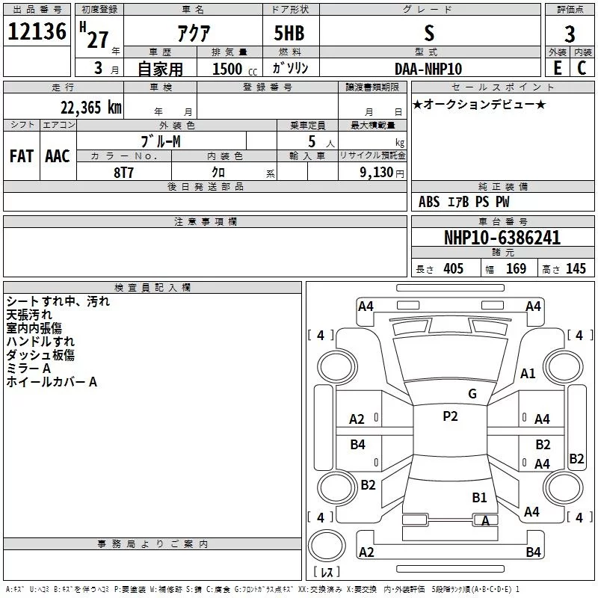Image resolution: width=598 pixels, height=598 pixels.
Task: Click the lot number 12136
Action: point(37,31)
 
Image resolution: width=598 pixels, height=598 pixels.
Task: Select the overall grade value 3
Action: point(570,34)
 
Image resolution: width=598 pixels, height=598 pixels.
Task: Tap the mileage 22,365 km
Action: point(90,108)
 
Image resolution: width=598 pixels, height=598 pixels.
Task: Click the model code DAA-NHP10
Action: point(428,69)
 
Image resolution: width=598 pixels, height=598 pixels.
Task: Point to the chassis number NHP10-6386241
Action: point(502,238)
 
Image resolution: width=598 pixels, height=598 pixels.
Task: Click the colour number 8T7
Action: point(123,173)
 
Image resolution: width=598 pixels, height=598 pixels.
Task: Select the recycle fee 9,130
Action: point(377,173)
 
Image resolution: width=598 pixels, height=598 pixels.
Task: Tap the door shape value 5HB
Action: point(289,33)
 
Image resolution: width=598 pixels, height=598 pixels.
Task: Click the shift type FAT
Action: point(22,156)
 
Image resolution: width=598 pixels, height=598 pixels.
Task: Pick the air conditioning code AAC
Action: point(58,156)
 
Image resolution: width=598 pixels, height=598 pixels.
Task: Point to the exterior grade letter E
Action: point(557,68)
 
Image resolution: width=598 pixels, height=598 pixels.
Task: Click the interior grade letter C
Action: point(582,68)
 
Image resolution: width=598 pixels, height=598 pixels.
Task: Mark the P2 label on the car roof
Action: point(450,416)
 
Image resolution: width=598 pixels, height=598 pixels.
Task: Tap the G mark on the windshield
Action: point(472,394)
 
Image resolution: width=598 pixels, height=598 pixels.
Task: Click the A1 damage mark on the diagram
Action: point(528,374)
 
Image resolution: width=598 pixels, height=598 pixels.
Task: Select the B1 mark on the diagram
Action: point(479,498)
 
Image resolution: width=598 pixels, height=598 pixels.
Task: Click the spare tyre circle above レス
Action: point(327,546)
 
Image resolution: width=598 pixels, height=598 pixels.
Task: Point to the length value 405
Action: point(453,269)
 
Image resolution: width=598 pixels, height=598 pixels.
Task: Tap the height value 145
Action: point(576,269)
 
